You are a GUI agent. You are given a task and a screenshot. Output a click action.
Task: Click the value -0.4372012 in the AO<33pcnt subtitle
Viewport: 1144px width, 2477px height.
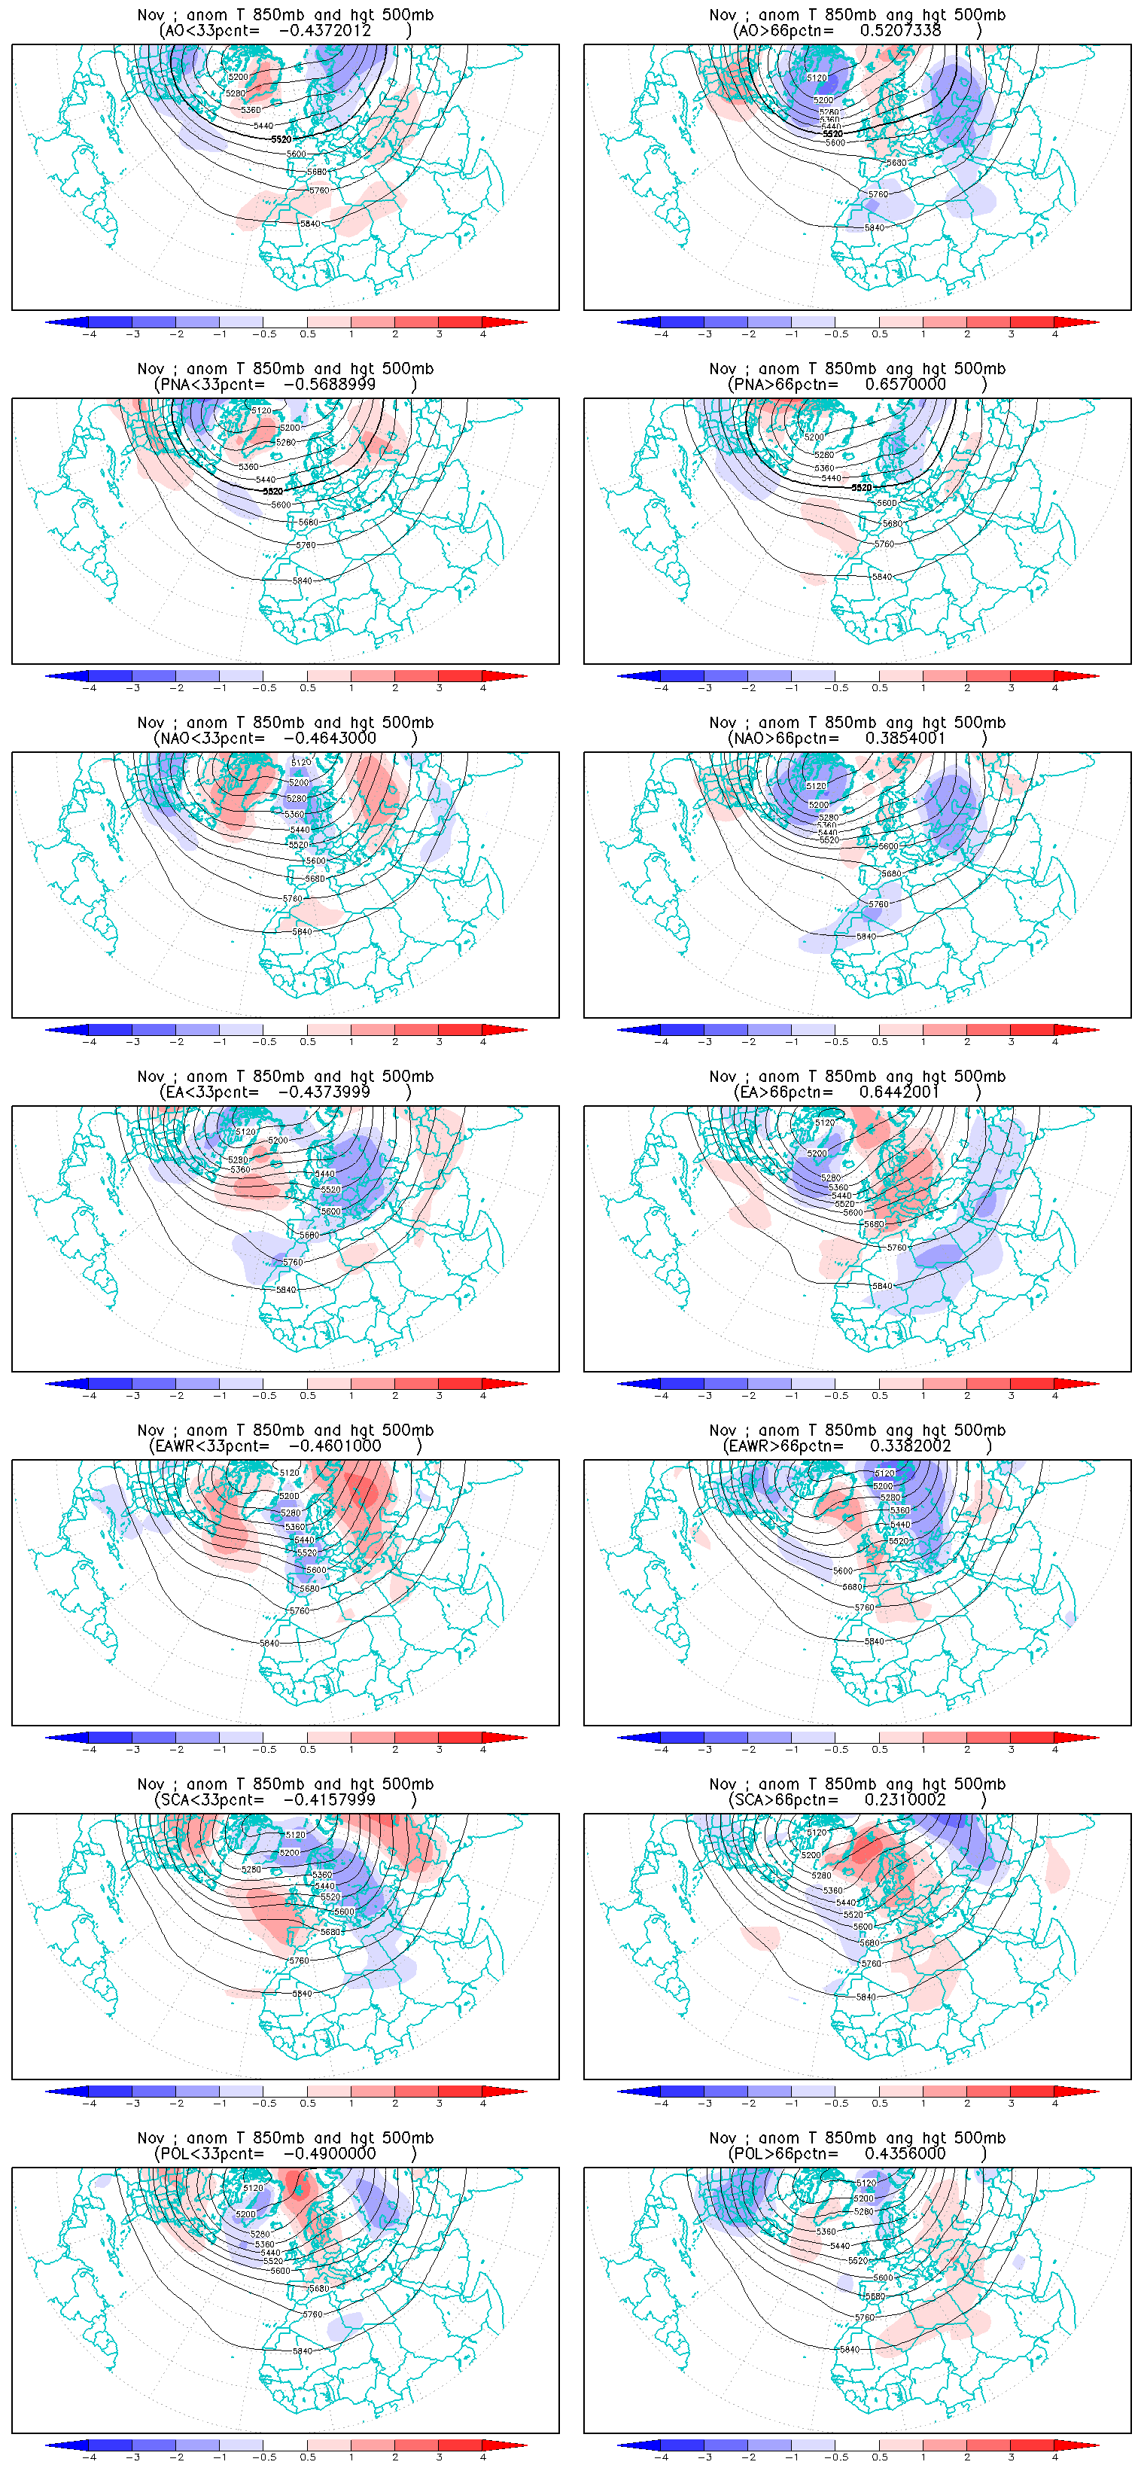point(324,31)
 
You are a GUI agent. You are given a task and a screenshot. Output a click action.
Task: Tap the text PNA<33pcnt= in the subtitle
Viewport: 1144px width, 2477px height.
point(208,385)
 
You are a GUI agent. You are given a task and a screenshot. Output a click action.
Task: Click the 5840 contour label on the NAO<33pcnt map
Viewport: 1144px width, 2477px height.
point(302,932)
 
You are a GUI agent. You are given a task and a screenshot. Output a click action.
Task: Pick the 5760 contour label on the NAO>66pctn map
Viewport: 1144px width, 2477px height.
point(878,905)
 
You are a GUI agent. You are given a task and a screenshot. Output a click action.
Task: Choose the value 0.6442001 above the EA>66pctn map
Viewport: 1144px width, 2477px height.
point(899,1092)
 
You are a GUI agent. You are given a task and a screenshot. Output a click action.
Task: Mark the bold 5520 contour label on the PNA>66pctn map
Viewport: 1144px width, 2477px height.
point(861,488)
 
